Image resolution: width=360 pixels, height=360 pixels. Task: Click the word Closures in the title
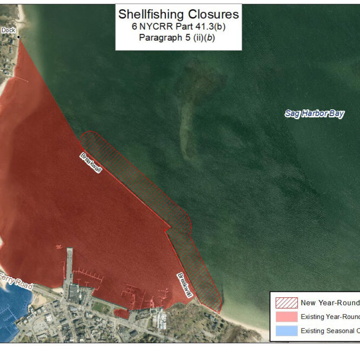210,14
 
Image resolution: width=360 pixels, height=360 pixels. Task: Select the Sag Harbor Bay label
314,114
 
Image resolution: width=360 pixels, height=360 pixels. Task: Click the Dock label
8,30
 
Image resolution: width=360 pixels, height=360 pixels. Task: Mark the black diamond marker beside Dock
18,37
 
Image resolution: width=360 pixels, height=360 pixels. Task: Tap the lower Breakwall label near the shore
185,284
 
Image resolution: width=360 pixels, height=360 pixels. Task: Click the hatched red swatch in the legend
286,303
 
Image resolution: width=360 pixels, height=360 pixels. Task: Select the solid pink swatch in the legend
286,317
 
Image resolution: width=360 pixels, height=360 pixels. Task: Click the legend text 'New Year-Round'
330,303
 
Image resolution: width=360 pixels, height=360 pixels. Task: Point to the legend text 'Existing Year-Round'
330,317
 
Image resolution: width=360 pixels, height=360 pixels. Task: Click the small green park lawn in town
100,307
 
